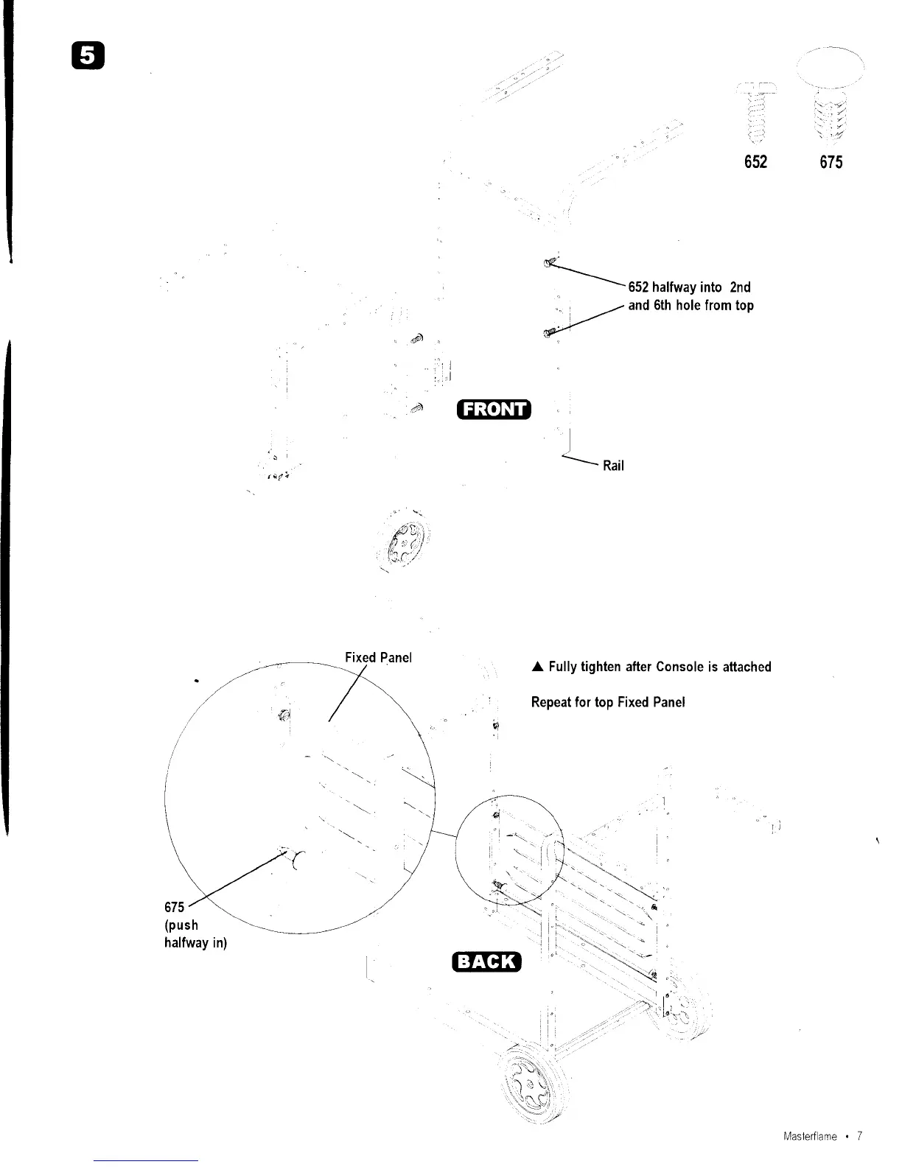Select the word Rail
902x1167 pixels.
tap(613, 466)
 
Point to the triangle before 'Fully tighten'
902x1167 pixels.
tap(537, 667)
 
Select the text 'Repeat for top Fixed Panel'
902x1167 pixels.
tap(608, 702)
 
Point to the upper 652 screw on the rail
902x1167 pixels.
tap(550, 263)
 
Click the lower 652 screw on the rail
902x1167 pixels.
tap(550, 333)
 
